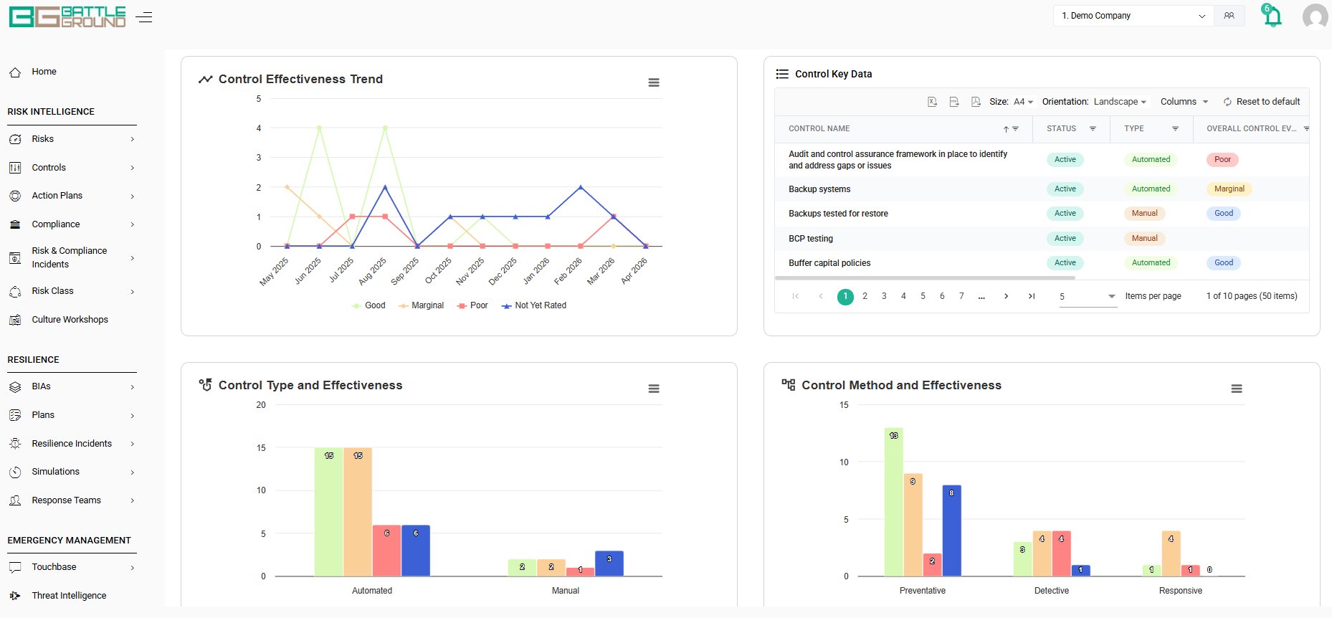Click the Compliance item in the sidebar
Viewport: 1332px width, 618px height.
pyautogui.click(x=56, y=224)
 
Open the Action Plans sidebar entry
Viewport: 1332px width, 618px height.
pyautogui.click(x=57, y=196)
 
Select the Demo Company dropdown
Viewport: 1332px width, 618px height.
pyautogui.click(x=1133, y=16)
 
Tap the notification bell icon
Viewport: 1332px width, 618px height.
pyautogui.click(x=1272, y=16)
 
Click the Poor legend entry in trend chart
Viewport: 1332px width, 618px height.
pyautogui.click(x=472, y=305)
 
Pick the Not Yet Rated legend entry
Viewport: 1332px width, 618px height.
pyautogui.click(x=534, y=305)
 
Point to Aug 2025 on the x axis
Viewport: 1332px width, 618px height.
pyautogui.click(x=373, y=271)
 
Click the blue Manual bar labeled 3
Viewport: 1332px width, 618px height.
pyautogui.click(x=609, y=564)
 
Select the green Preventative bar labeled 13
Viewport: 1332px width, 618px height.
pyautogui.click(x=893, y=502)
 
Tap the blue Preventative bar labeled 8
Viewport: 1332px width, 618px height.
pyautogui.click(x=951, y=531)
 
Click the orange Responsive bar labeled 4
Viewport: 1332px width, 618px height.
pyautogui.click(x=1171, y=553)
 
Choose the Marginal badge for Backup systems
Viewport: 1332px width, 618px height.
pyautogui.click(x=1229, y=189)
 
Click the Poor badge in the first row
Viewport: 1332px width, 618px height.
pyautogui.click(x=1222, y=160)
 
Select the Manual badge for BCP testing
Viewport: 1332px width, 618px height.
pyautogui.click(x=1144, y=239)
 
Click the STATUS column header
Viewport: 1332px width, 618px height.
pyautogui.click(x=1061, y=129)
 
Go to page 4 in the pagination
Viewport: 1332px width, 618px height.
pyautogui.click(x=903, y=296)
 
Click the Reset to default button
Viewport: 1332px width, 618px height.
pyautogui.click(x=1261, y=102)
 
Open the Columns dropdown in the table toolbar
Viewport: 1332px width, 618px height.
pyautogui.click(x=1184, y=102)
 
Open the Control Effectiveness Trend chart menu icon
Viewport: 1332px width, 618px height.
pyautogui.click(x=654, y=82)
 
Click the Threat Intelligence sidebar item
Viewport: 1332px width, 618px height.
pyautogui.click(x=69, y=596)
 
